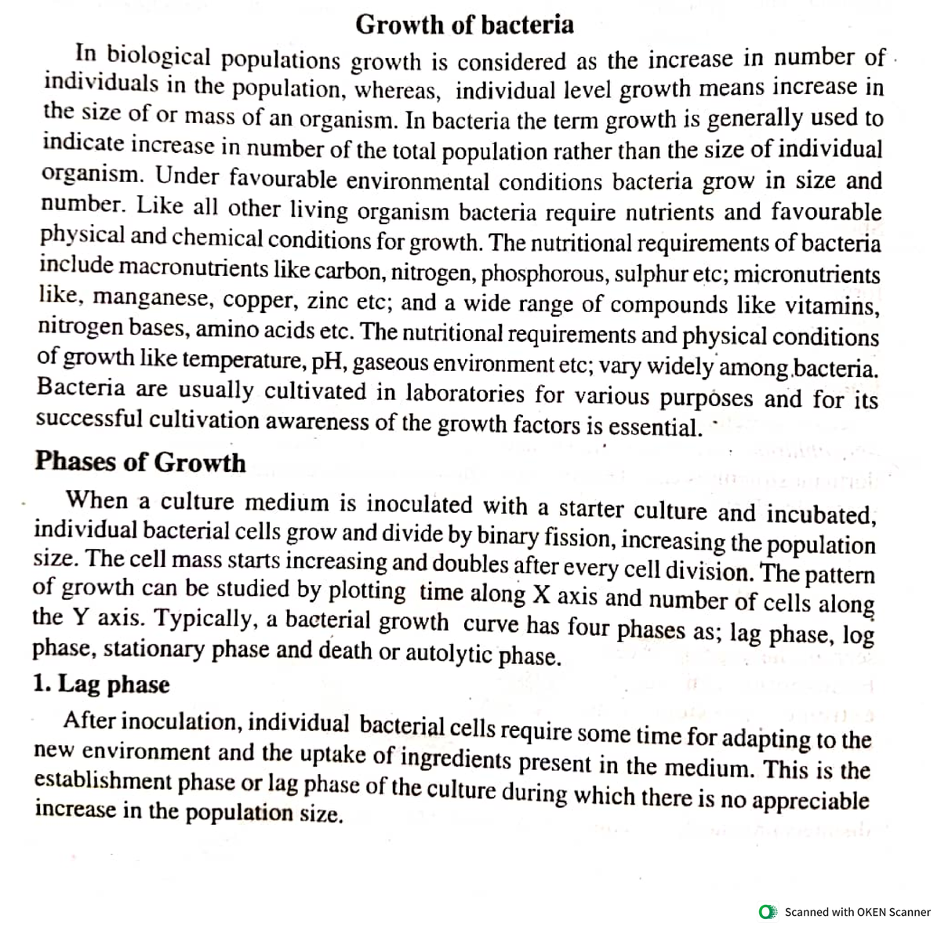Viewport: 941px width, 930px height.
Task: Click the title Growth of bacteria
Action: (x=464, y=25)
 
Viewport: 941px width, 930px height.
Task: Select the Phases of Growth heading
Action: (x=140, y=462)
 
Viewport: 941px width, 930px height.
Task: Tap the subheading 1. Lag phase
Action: (x=102, y=684)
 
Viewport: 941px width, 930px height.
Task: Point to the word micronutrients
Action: (x=807, y=274)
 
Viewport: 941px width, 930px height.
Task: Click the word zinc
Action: (x=327, y=301)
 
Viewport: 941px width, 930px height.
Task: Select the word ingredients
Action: (x=456, y=759)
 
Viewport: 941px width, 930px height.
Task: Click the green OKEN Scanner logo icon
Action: (x=768, y=912)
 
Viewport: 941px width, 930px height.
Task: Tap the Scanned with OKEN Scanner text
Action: (x=857, y=912)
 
